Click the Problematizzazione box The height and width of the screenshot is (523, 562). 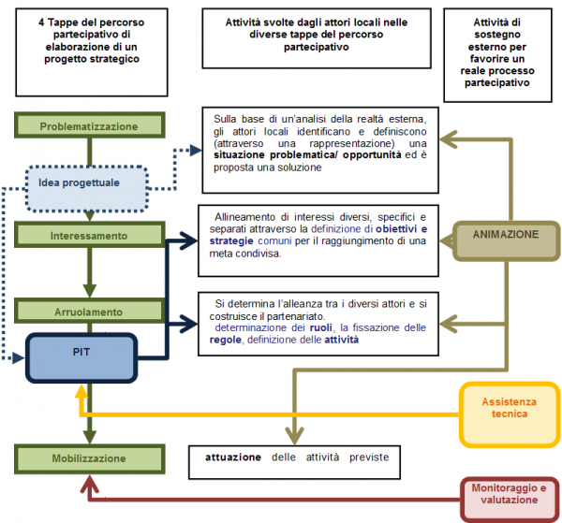[90, 125]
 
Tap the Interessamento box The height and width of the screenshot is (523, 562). [90, 236]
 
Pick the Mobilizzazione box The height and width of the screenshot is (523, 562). [90, 458]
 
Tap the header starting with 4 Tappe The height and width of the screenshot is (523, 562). [90, 38]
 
